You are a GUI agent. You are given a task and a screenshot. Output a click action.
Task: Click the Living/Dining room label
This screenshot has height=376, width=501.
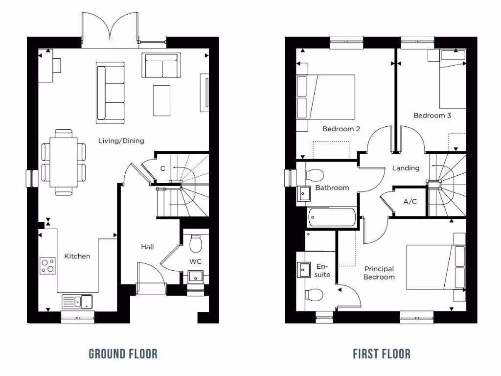pos(121,141)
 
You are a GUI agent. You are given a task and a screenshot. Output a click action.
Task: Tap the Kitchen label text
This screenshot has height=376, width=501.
pos(77,256)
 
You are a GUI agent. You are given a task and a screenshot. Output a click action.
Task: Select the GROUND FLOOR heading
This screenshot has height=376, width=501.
pos(123,353)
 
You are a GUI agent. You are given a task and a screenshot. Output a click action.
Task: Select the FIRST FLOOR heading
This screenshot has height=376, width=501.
pos(382,353)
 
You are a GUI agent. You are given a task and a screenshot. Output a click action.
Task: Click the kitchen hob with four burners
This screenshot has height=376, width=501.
pos(48,266)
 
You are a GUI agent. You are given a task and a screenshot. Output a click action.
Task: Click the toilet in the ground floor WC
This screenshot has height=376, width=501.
pos(196,243)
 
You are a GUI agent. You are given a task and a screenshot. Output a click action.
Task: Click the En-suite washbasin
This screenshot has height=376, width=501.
pos(304,269)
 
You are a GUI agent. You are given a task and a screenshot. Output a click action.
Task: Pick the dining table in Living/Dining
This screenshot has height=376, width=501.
pos(64,162)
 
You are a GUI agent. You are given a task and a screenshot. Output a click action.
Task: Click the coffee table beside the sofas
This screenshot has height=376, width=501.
pos(162,100)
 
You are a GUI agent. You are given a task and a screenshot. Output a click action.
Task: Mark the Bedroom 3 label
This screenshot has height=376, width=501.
pos(432,116)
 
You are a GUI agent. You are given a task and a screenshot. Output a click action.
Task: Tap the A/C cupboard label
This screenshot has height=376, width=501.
pos(410,202)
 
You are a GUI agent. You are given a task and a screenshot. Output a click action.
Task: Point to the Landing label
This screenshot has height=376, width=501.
pos(406,168)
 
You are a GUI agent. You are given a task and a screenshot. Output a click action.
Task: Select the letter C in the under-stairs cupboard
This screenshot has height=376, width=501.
pos(162,168)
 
